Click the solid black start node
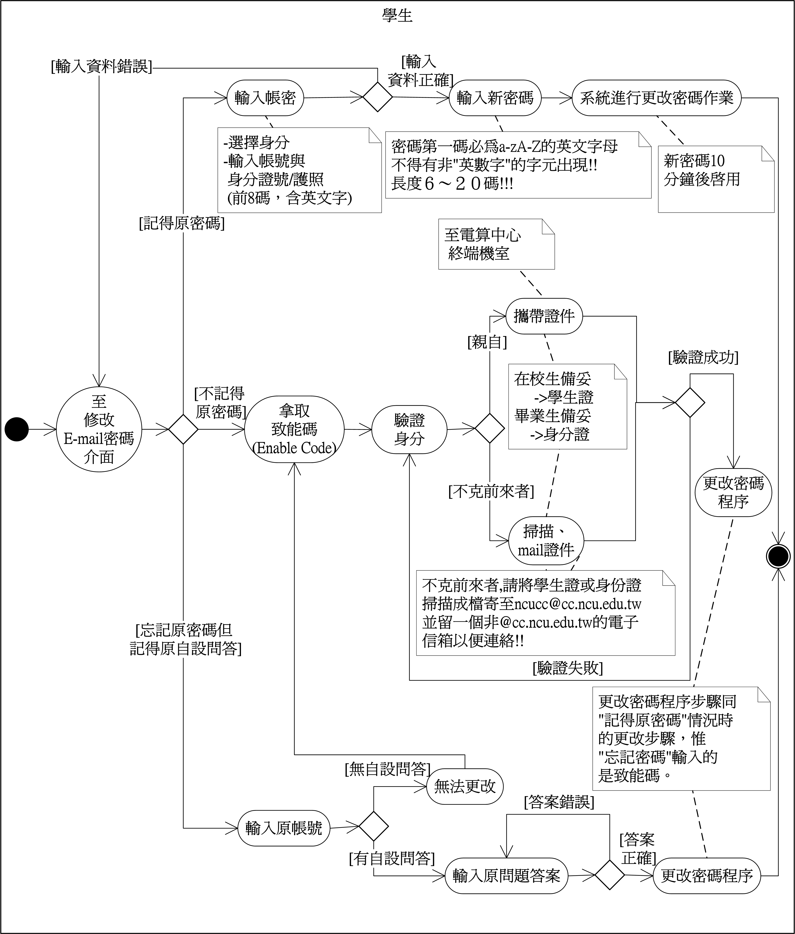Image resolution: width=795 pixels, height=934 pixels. point(17,429)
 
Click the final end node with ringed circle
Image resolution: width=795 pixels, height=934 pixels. point(778,556)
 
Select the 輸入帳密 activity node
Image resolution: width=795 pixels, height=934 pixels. point(265,97)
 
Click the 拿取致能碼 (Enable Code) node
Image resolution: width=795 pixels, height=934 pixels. point(294,429)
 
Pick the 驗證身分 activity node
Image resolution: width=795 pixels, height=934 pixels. point(409,429)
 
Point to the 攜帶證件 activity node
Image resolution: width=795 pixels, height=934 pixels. point(544,316)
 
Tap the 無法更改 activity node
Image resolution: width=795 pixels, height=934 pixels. point(464,787)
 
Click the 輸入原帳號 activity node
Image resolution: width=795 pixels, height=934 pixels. point(284,828)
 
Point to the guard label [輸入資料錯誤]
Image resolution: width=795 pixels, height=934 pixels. point(101,67)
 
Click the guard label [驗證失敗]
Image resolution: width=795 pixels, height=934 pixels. point(568,668)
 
